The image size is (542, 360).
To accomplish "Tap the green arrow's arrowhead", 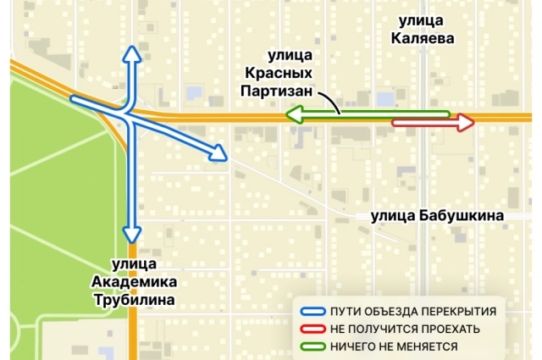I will click(292, 113).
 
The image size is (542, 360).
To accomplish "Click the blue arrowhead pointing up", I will click(130, 54).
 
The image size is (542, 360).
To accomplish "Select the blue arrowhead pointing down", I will click(130, 233).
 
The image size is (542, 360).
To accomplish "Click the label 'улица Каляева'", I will click(423, 29).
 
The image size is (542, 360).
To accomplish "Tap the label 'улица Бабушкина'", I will click(437, 216).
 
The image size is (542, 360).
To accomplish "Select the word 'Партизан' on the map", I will click(276, 91).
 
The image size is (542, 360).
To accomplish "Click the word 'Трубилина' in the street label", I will click(135, 300).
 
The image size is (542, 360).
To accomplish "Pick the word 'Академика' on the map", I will click(135, 281).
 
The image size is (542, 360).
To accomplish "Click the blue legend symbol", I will click(314, 310).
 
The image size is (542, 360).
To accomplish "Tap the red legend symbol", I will click(314, 328).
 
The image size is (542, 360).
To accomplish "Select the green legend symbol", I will click(314, 346).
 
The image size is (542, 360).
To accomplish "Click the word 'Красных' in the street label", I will click(279, 74).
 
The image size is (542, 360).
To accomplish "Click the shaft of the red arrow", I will click(423, 124).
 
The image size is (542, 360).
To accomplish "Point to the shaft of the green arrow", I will click(373, 113).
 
